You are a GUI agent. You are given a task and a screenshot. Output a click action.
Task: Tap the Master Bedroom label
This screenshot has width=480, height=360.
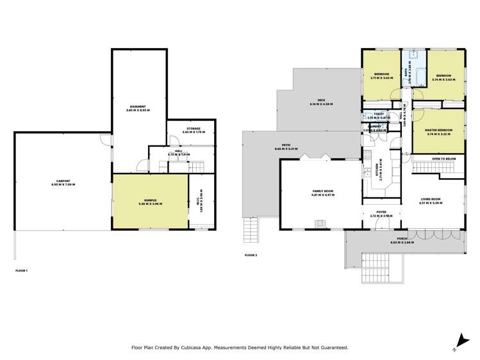point(439,131)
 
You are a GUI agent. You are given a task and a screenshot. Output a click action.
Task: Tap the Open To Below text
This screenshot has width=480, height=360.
point(443,159)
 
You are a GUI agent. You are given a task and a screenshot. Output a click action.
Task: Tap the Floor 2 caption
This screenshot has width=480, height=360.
point(251,256)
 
